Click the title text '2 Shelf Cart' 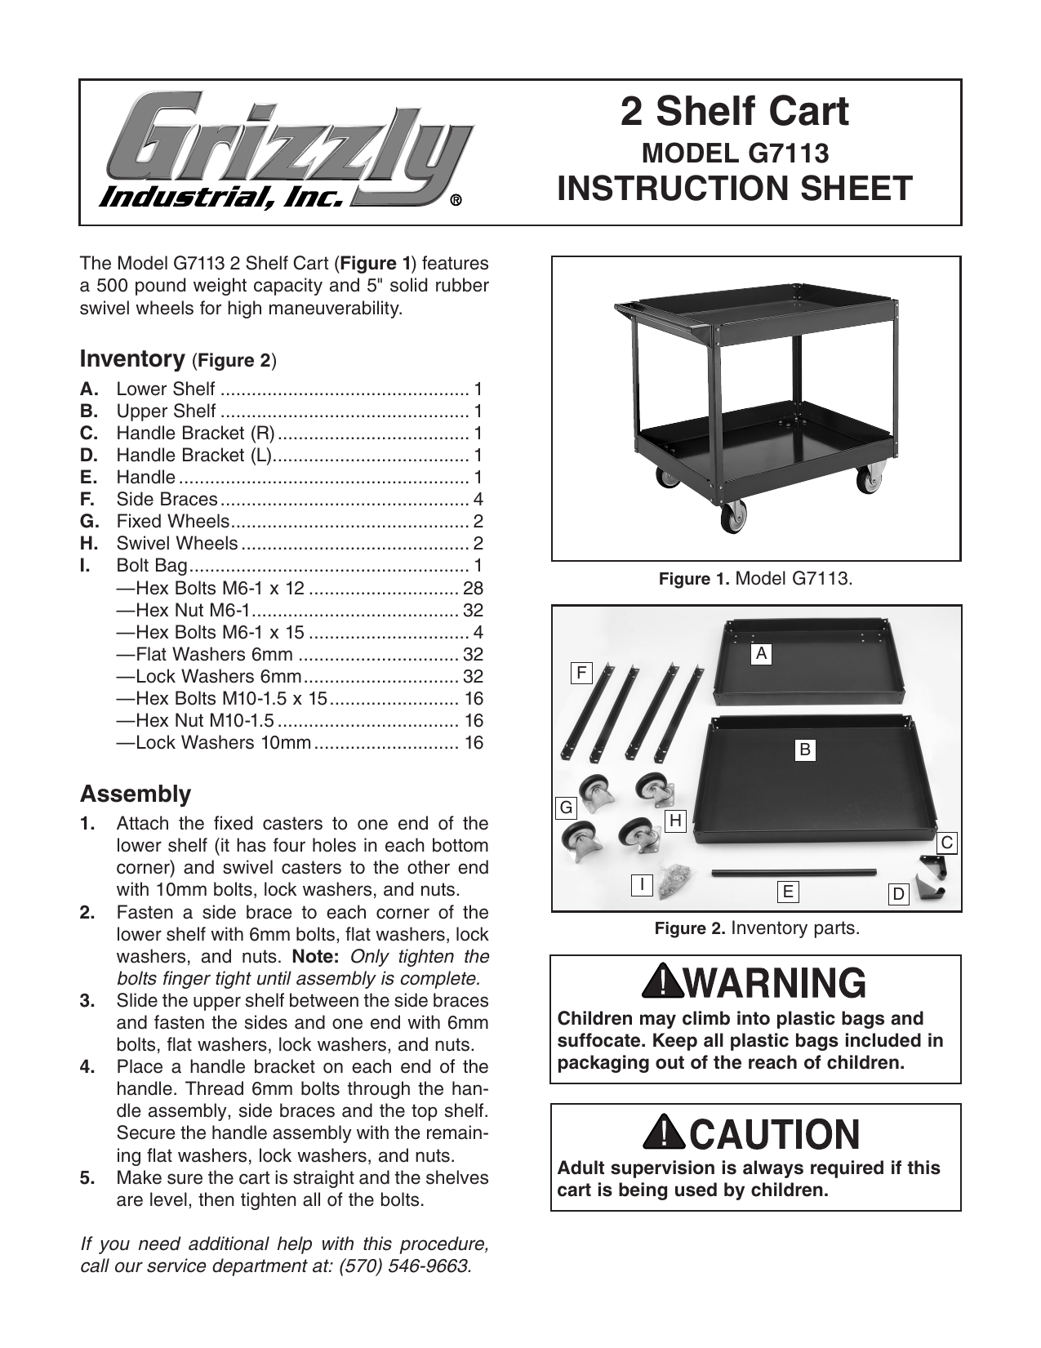734,112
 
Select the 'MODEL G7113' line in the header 736,153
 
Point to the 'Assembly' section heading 136,794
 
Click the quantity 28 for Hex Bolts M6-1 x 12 473,589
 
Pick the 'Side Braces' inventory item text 167,500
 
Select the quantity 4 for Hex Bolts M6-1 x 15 478,633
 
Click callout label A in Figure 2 761,653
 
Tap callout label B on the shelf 805,750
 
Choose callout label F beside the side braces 581,673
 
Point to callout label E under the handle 787,891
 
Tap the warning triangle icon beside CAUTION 661,1132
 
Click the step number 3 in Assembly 89,1001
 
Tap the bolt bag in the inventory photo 675,879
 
